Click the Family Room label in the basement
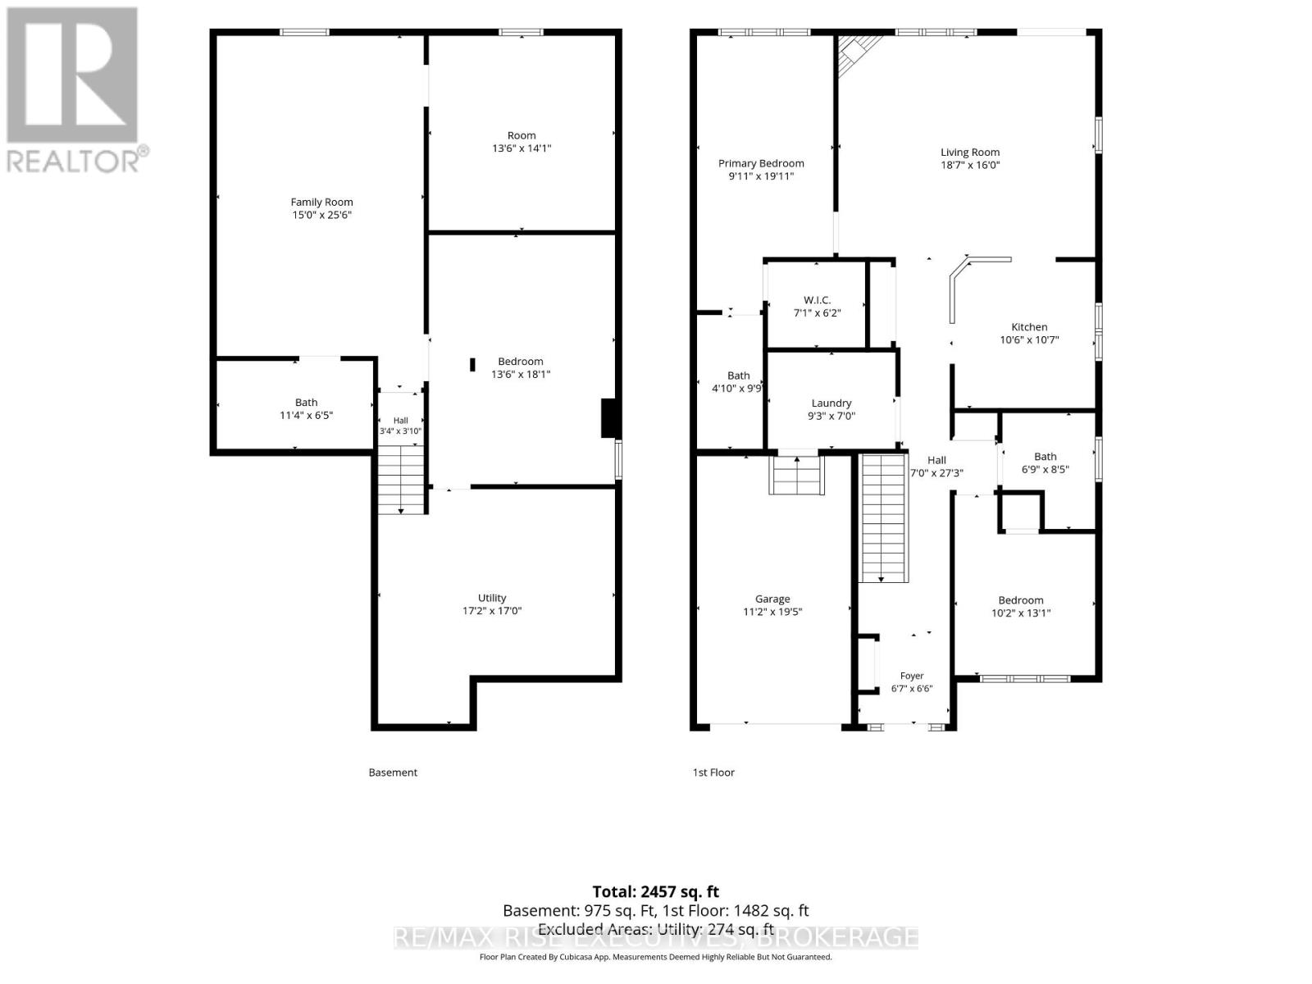(321, 202)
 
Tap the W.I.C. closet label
(817, 300)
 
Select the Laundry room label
(831, 403)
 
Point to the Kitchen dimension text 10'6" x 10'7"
(1028, 340)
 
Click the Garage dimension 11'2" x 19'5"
(772, 612)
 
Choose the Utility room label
(492, 598)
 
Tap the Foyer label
(912, 676)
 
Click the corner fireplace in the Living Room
(856, 52)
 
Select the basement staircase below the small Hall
(400, 480)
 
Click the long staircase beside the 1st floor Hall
(883, 518)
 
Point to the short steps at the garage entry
(796, 475)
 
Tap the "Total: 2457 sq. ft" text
(655, 892)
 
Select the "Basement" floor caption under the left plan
(393, 772)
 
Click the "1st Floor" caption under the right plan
(713, 772)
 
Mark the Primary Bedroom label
(760, 163)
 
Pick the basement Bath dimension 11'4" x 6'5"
(306, 415)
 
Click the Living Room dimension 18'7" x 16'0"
(969, 165)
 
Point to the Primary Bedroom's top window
(764, 32)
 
